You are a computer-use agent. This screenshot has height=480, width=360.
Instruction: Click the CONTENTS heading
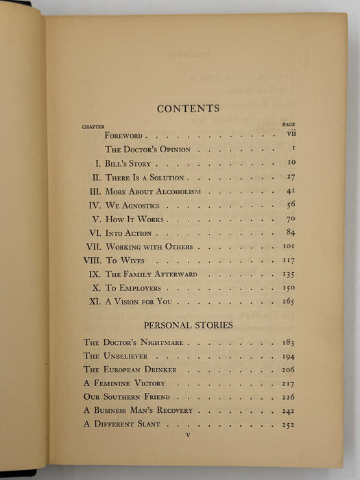[x=188, y=108]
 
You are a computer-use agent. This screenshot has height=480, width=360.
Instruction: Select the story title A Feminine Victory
[x=123, y=383]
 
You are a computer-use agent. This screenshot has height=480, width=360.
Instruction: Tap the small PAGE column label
[x=289, y=125]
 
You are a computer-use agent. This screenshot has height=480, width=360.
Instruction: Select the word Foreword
[x=123, y=136]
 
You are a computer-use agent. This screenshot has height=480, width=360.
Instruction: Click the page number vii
[x=291, y=135]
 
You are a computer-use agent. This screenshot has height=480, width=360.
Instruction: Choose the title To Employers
[x=133, y=287]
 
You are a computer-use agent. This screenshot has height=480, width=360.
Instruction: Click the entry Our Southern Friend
[x=126, y=396]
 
